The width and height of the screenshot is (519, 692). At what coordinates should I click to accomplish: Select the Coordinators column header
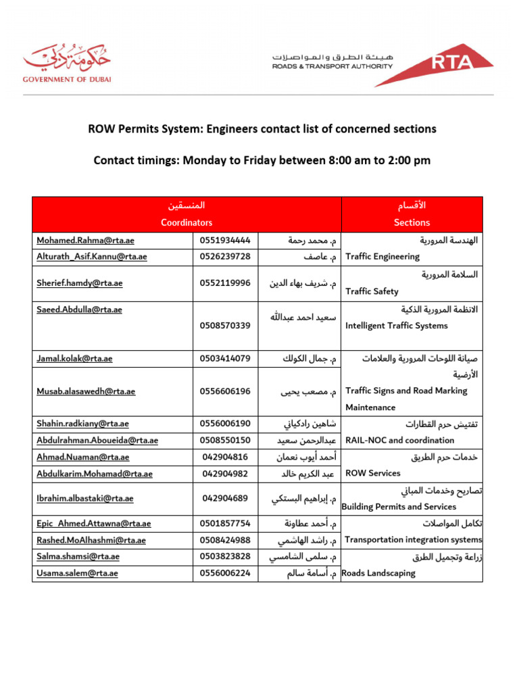(x=187, y=222)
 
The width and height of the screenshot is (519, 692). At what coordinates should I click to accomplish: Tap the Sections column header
(x=412, y=222)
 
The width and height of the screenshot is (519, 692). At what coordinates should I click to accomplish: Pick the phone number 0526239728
(x=225, y=256)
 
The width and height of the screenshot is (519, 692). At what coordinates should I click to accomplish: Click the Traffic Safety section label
(x=372, y=291)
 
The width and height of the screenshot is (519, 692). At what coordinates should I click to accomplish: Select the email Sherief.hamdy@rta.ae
(x=80, y=283)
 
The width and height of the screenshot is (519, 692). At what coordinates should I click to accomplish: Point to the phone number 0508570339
(x=225, y=326)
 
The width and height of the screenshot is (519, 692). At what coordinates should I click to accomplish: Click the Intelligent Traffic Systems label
(x=396, y=326)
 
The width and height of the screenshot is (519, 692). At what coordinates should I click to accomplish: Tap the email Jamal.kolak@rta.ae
(x=74, y=358)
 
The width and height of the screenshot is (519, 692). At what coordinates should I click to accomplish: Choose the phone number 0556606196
(x=225, y=391)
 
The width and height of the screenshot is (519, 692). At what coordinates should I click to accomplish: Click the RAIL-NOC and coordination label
(x=399, y=440)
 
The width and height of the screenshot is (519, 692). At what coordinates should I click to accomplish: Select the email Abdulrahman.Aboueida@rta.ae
(x=97, y=440)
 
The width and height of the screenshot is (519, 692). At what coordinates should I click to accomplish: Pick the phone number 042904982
(x=225, y=474)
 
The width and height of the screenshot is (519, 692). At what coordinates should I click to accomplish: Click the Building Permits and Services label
(x=399, y=507)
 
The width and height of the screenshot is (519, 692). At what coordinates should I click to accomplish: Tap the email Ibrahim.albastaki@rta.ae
(x=85, y=499)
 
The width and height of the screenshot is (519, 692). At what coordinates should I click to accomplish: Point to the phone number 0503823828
(x=225, y=556)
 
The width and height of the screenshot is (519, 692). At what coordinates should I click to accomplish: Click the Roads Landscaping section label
(x=378, y=573)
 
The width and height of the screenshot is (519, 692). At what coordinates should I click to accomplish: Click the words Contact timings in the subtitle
(x=133, y=161)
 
